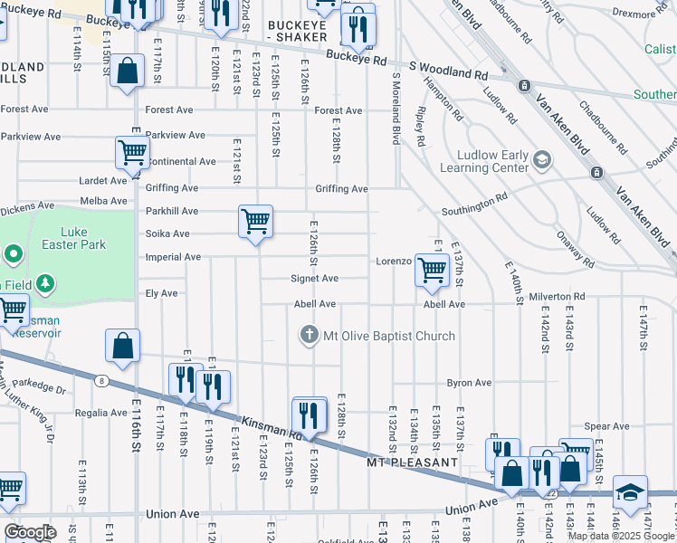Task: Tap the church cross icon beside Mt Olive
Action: [x=310, y=336]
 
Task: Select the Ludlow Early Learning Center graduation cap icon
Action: [x=541, y=160]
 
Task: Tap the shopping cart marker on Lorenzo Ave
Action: [x=432, y=269]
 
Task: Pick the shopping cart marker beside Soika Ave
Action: [x=255, y=221]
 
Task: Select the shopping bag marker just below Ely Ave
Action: [x=122, y=346]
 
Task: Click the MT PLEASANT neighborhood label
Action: [x=412, y=462]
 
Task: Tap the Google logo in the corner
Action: [x=30, y=532]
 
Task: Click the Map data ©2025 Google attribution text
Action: [x=621, y=536]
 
